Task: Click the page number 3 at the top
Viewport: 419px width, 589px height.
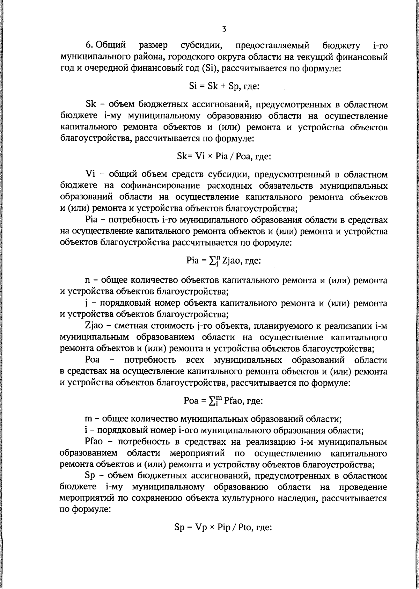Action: pyautogui.click(x=224, y=29)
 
